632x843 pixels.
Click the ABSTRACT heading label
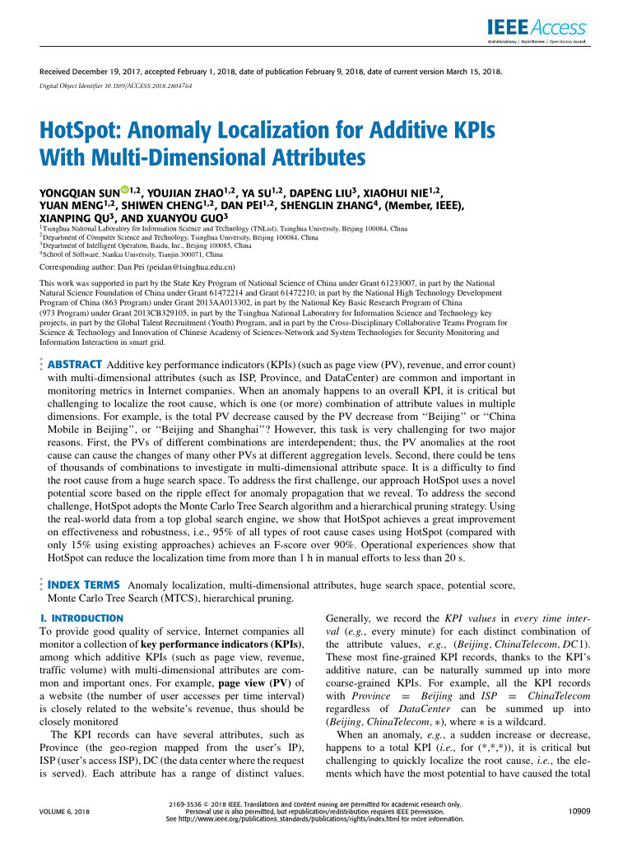(x=74, y=365)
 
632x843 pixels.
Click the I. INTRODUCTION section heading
(x=81, y=617)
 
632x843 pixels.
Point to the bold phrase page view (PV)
(x=248, y=682)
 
